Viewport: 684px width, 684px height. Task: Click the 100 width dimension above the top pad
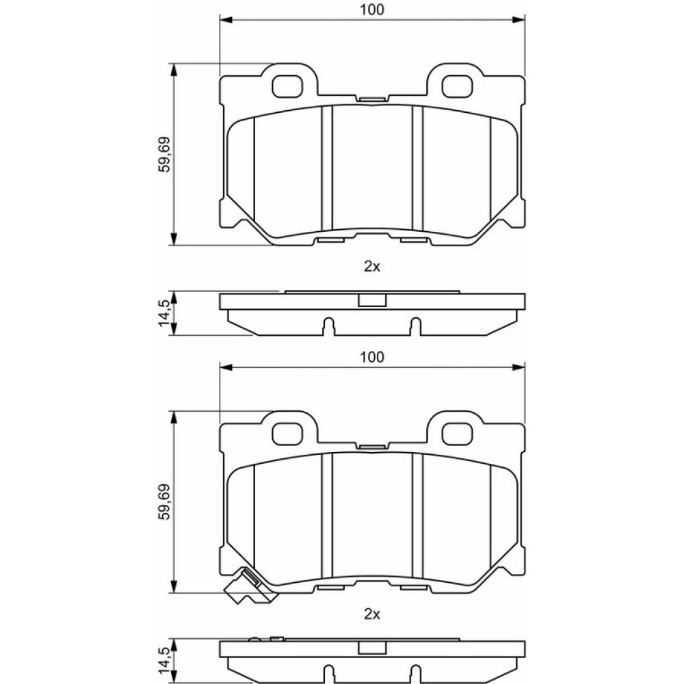point(371,10)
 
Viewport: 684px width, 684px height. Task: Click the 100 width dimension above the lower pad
point(371,357)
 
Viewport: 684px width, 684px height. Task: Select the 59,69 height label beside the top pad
point(165,155)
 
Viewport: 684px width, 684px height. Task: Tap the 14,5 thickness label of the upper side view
point(165,313)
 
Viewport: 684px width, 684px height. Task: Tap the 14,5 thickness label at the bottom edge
point(165,661)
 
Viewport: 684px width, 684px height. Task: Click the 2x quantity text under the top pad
point(371,267)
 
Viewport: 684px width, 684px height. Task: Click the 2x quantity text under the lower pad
point(371,614)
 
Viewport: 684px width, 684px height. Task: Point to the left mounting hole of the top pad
point(287,86)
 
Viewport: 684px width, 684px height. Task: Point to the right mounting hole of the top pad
point(457,86)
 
